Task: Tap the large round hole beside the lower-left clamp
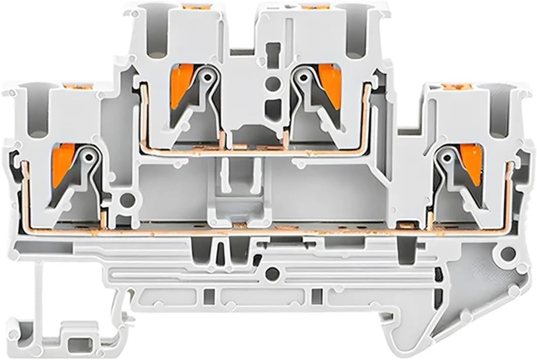click(128, 199)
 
